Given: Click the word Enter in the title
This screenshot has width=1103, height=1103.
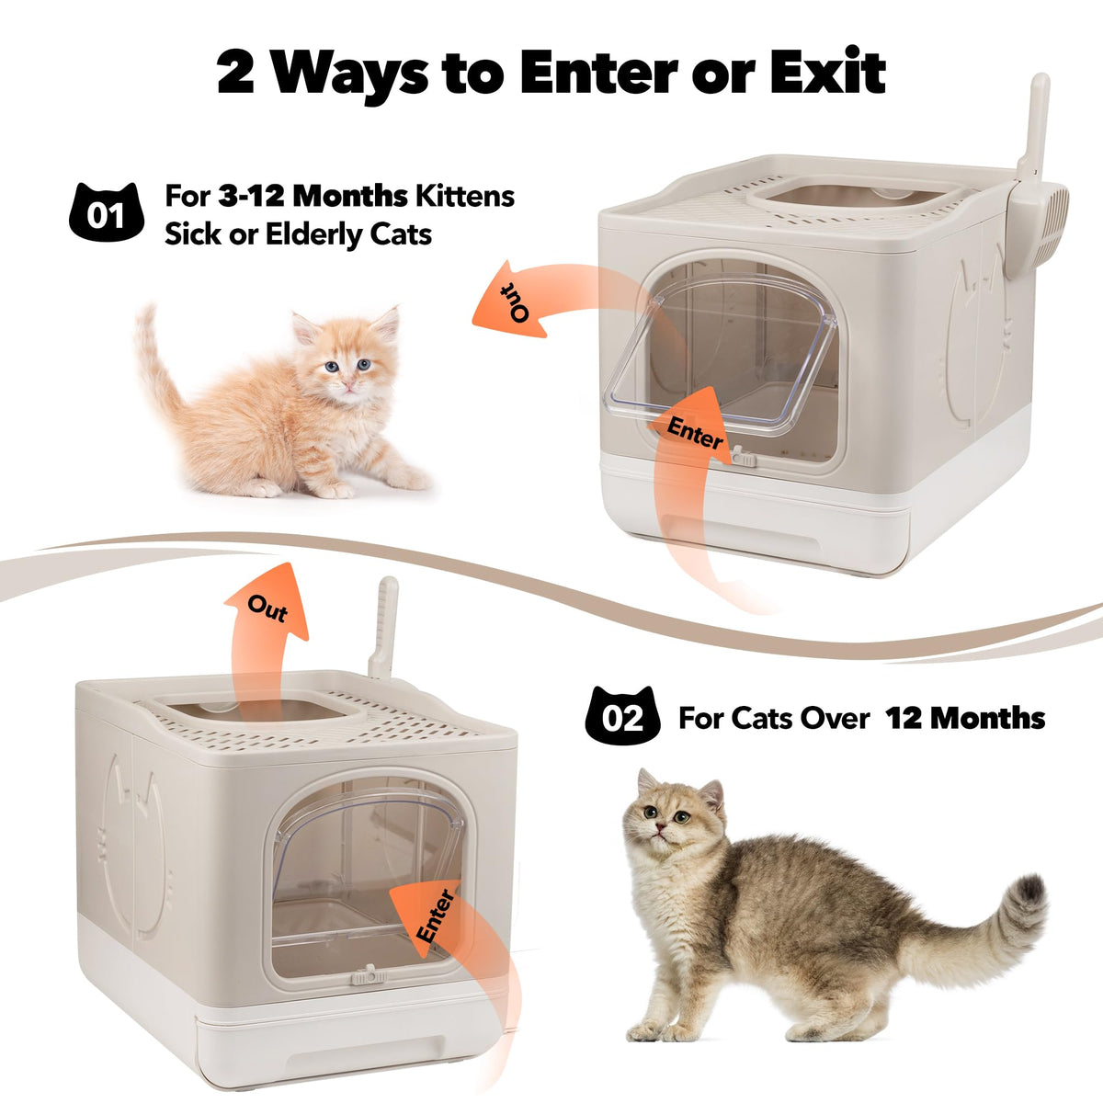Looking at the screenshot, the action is [598, 73].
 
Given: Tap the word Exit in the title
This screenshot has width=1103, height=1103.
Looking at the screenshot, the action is [832, 72].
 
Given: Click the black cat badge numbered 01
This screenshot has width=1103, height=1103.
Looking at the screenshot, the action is [106, 211].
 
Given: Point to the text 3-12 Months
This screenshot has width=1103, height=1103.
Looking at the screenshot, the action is [313, 197].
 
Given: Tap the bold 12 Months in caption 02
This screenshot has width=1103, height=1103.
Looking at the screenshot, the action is [965, 717].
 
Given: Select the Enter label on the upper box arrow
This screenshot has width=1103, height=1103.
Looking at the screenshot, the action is [694, 433].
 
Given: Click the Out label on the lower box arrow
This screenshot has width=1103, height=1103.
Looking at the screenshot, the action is [267, 608].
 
